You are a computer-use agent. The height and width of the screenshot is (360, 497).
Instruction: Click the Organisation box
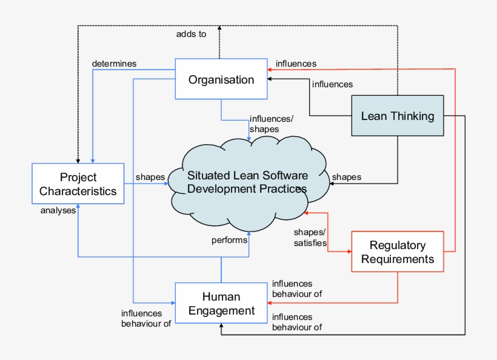pyautogui.click(x=221, y=79)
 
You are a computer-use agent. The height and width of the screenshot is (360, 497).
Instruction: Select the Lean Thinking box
pyautogui.click(x=398, y=116)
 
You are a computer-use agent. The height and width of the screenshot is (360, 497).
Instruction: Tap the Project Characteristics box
pyautogui.click(x=78, y=184)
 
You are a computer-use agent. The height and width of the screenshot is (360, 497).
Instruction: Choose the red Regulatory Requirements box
pyautogui.click(x=398, y=252)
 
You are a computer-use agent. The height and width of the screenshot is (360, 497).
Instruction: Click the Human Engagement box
pyautogui.click(x=221, y=304)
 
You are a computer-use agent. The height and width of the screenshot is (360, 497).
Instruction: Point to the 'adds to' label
pyautogui.click(x=191, y=35)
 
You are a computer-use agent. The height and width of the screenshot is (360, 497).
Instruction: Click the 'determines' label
pyautogui.click(x=114, y=63)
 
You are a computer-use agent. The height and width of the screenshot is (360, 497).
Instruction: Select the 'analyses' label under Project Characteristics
pyautogui.click(x=58, y=211)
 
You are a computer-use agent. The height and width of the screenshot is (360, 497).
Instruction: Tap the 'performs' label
pyautogui.click(x=229, y=240)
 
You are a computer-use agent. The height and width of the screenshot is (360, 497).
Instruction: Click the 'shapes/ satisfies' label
pyautogui.click(x=310, y=238)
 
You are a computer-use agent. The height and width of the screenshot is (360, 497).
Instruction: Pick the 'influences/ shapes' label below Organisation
pyautogui.click(x=267, y=124)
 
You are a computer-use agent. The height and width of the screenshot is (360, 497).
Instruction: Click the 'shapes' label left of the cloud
pyautogui.click(x=150, y=177)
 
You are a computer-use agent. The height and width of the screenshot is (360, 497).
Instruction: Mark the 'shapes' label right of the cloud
pyautogui.click(x=347, y=177)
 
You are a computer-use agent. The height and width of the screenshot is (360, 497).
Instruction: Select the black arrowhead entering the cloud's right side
pyautogui.click(x=331, y=183)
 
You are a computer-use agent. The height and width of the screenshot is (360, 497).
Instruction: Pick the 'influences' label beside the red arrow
pyautogui.click(x=296, y=63)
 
